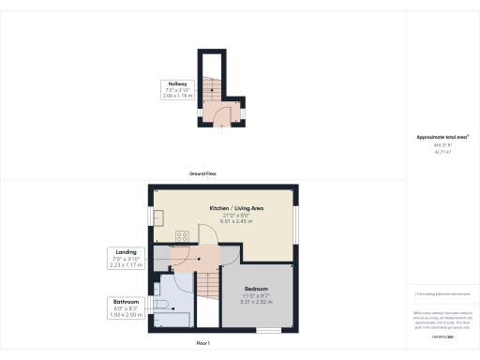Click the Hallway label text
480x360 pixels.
[x=177, y=84]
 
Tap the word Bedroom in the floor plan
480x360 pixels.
[x=256, y=288]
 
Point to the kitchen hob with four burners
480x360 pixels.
[x=184, y=236]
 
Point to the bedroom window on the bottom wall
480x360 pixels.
[x=270, y=329]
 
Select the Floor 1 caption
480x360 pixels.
[x=203, y=345]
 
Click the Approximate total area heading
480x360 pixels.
[x=442, y=137]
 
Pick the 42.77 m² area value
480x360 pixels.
[x=442, y=151]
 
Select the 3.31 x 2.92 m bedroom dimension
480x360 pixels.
[x=256, y=302]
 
